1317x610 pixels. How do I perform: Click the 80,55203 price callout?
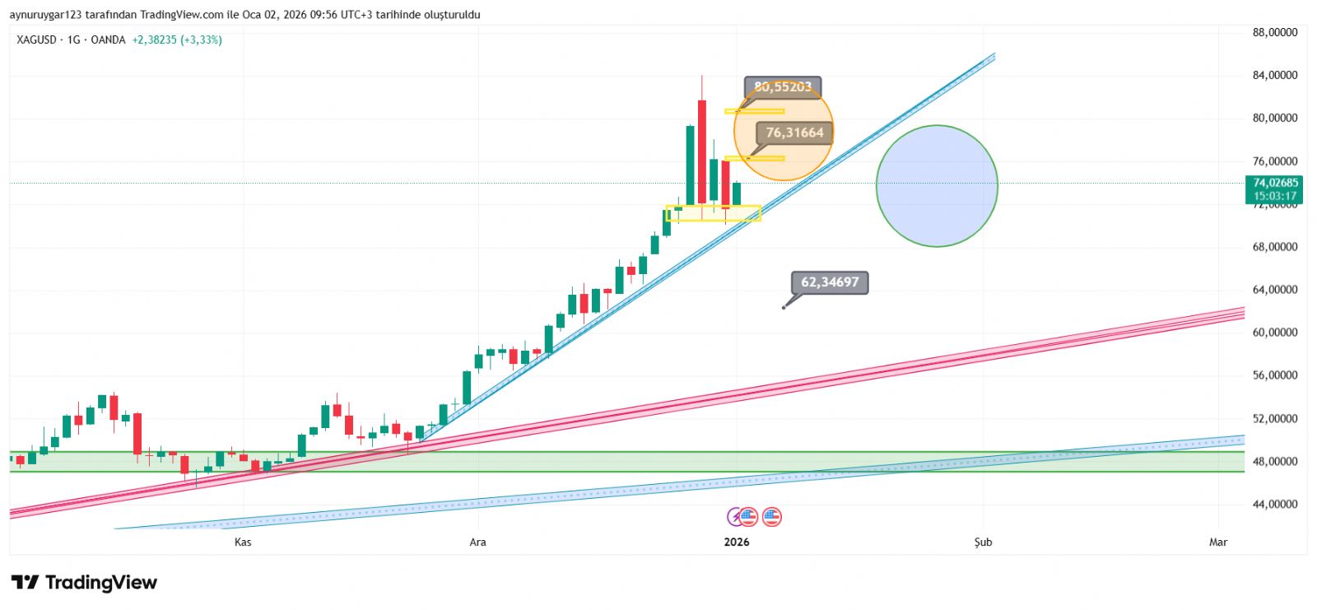(x=782, y=86)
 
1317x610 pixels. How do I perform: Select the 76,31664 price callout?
(x=794, y=133)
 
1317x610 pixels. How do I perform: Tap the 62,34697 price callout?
(x=829, y=282)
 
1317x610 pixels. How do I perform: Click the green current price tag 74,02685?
(x=1274, y=189)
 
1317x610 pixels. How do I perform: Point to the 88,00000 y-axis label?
(x=1274, y=33)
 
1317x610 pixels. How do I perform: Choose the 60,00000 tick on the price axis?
(x=1274, y=333)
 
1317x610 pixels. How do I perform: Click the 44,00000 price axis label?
(x=1274, y=504)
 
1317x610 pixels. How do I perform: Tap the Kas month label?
(x=243, y=542)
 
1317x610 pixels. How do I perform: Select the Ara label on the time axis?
(x=477, y=542)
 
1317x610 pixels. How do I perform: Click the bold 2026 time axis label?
(x=736, y=542)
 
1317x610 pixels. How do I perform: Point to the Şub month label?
(x=983, y=542)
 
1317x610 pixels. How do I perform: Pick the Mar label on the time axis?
(x=1217, y=542)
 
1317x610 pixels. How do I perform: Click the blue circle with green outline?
(x=937, y=186)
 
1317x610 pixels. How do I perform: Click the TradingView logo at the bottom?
(x=84, y=583)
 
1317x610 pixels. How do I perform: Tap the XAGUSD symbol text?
(x=36, y=40)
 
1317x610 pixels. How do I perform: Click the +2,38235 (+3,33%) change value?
(x=177, y=40)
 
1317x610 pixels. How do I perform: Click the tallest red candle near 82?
(x=702, y=151)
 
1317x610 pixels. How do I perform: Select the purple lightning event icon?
(x=735, y=517)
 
